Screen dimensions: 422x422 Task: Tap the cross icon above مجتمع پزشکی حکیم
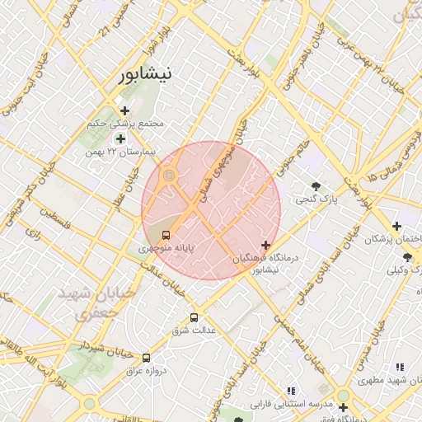click(124, 110)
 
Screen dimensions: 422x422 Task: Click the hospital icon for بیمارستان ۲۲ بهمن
click(120, 139)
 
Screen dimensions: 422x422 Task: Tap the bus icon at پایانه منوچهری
click(166, 234)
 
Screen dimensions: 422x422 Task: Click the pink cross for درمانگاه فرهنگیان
click(265, 245)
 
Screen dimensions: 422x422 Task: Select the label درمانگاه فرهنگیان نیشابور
click(267, 264)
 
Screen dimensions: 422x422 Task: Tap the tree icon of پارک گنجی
click(316, 185)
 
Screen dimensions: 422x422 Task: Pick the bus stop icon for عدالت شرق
click(195, 317)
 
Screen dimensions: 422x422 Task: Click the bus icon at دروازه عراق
click(146, 358)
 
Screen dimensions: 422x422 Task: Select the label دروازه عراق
click(147, 371)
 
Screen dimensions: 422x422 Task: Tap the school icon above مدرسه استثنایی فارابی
click(290, 391)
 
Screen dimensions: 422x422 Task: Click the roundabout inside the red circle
click(169, 175)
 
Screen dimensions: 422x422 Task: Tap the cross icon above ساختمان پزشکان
click(397, 226)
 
